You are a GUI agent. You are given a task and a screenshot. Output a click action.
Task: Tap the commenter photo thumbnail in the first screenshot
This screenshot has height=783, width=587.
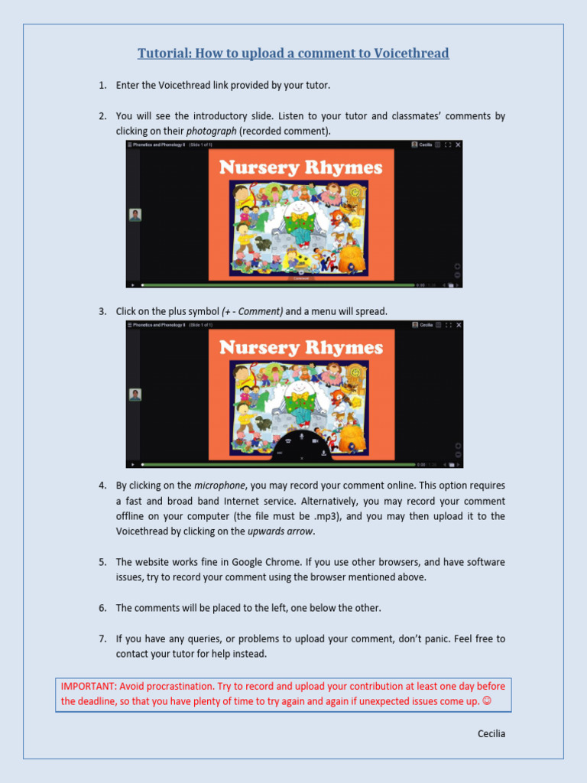pos(135,215)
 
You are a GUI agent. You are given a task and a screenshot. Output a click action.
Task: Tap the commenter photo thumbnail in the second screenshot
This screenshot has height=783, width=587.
pos(135,395)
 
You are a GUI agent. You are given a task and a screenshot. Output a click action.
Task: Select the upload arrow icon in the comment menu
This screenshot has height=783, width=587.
pos(324,452)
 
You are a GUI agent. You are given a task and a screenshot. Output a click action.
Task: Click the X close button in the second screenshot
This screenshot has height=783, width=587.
pos(302,457)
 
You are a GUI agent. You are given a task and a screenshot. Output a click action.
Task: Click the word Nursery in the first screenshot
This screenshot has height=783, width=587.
pos(258,167)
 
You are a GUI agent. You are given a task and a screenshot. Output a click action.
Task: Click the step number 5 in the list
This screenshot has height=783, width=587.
pos(102,562)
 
